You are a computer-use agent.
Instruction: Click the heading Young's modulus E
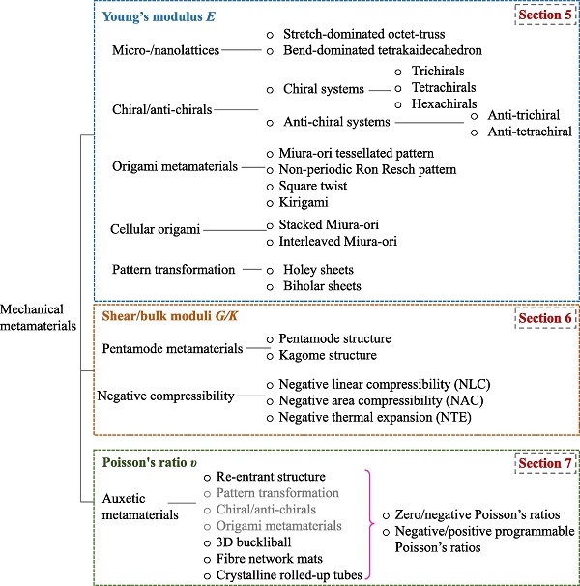pos(159,16)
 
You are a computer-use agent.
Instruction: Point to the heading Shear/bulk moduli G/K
pos(170,316)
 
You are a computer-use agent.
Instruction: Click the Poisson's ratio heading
pos(150,462)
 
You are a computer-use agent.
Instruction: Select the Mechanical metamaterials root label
pos(38,317)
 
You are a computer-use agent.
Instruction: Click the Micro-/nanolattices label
pos(165,50)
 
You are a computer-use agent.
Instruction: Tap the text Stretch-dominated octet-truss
pos(364,34)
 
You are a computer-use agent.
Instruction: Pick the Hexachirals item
pos(444,103)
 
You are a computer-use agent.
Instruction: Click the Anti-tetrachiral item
pos(530,132)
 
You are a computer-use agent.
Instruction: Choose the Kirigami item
pos(304,202)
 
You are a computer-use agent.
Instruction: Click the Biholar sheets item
pos(322,286)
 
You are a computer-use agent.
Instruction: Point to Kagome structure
pos(328,355)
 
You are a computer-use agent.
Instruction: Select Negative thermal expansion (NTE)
pos(375,417)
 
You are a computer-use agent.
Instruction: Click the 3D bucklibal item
pos(253,542)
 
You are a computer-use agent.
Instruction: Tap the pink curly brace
pos(370,525)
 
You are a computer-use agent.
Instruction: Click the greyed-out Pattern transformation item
pos(277,493)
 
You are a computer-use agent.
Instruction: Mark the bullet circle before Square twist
pos(270,187)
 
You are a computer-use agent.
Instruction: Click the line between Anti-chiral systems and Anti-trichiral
pos(429,122)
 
